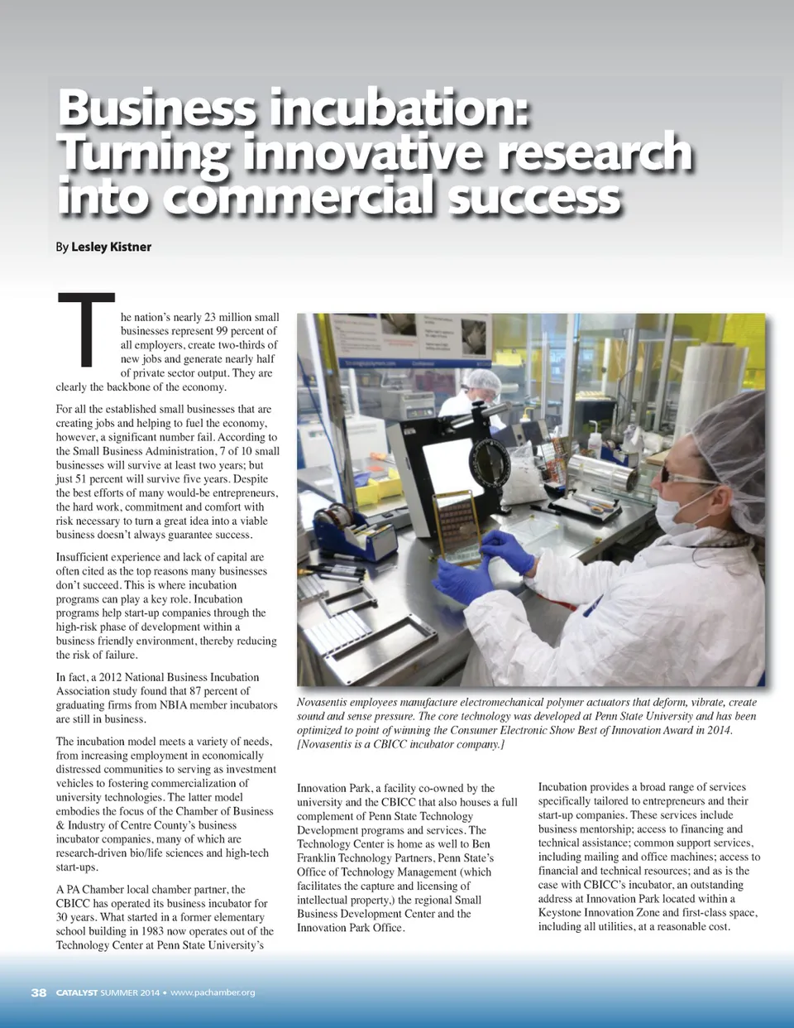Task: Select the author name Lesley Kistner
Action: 111,247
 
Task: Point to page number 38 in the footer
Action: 39,992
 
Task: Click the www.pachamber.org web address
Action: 213,992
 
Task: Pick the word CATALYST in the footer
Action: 77,992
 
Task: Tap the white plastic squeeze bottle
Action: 592,440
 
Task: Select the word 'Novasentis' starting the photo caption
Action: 323,702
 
